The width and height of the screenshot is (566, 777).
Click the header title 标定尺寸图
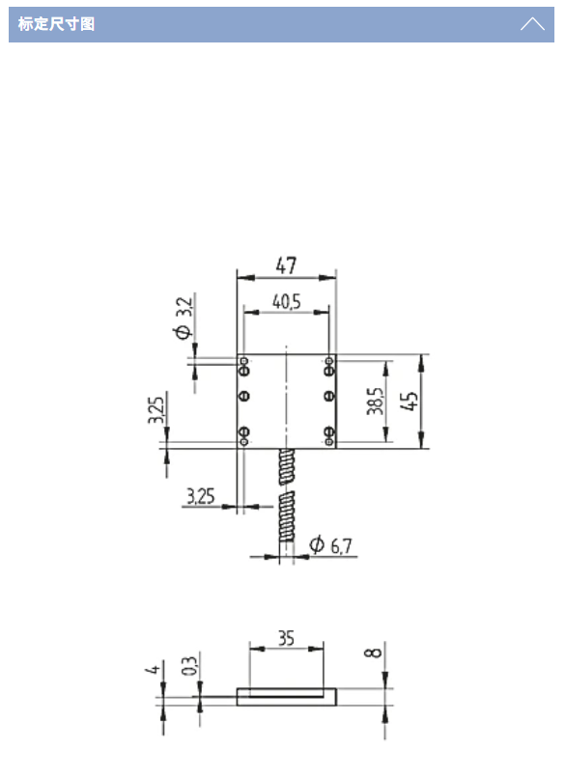click(57, 24)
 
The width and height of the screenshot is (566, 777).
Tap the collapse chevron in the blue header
click(532, 24)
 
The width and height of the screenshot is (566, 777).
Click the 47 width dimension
click(286, 264)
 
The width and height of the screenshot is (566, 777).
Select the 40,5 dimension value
click(286, 302)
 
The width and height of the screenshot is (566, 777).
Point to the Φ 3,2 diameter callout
click(184, 318)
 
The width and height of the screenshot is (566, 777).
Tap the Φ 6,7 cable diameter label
click(331, 545)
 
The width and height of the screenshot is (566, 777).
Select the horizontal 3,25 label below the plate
click(201, 497)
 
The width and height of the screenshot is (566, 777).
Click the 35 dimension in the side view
click(286, 638)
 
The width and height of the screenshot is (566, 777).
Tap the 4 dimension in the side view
click(155, 668)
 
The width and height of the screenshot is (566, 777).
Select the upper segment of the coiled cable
click(287, 468)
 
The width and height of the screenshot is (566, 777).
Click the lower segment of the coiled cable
click(287, 516)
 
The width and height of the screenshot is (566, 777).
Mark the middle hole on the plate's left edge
click(243, 396)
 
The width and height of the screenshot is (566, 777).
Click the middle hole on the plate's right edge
click(329, 396)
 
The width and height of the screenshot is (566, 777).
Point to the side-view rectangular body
click(286, 696)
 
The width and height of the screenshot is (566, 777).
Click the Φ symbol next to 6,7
click(316, 544)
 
